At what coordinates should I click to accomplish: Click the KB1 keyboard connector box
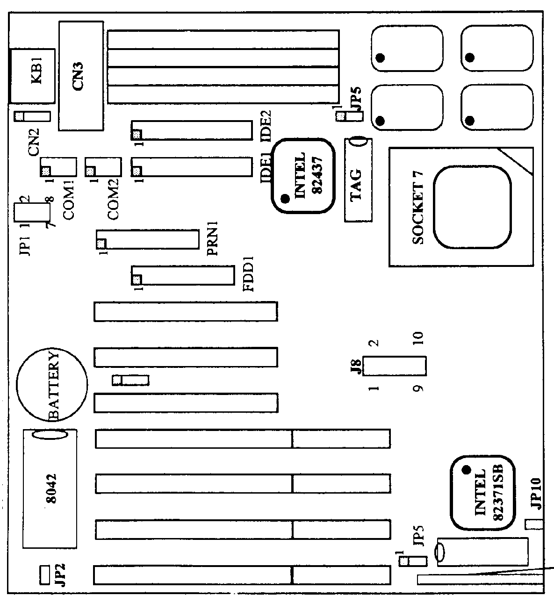click(32, 76)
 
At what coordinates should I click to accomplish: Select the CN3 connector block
click(81, 76)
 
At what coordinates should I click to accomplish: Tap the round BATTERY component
click(52, 385)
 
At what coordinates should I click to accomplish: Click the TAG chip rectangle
click(358, 180)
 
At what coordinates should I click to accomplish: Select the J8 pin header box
click(395, 366)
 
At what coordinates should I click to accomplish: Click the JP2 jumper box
click(44, 574)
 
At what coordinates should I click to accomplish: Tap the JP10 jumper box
click(533, 524)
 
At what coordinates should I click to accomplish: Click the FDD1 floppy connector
click(183, 275)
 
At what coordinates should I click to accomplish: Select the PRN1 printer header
click(147, 239)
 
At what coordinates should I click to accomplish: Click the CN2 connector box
click(32, 116)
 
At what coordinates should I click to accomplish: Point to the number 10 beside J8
click(418, 337)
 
